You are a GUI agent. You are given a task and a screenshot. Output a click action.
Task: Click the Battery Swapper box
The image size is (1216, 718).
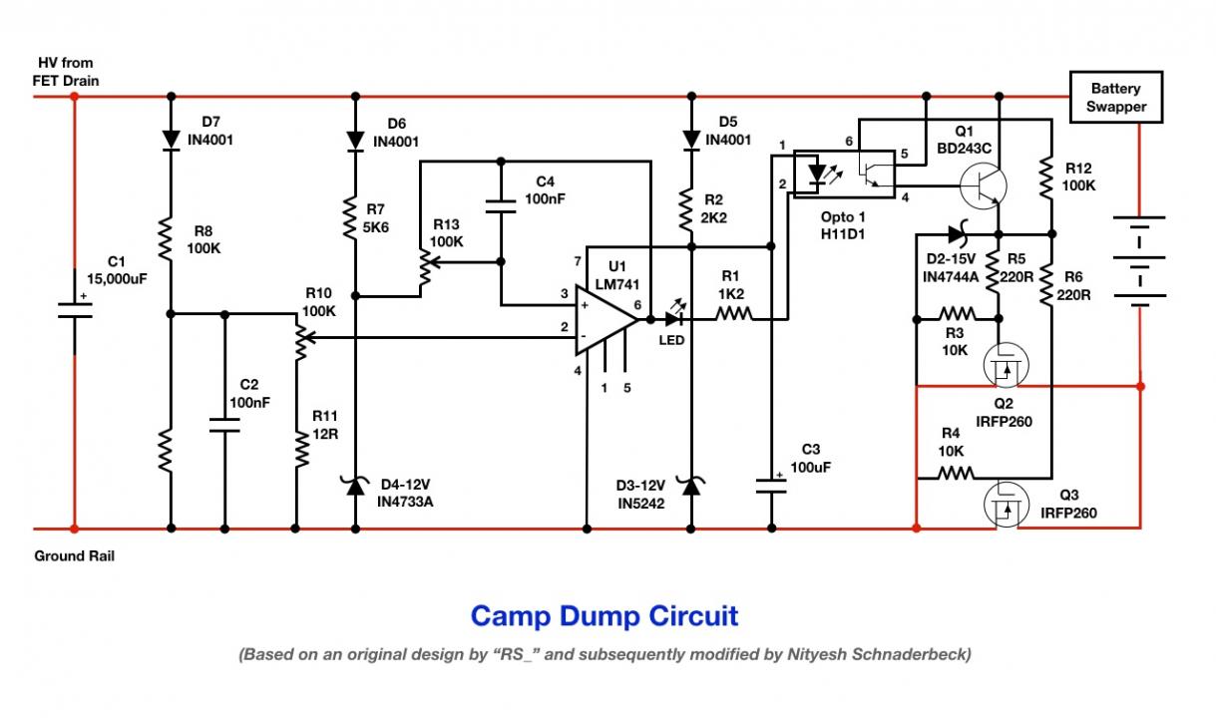point(1116,97)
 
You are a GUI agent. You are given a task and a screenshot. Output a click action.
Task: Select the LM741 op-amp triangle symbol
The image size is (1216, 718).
point(606,320)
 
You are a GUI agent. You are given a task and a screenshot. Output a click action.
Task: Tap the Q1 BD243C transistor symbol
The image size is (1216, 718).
point(984,185)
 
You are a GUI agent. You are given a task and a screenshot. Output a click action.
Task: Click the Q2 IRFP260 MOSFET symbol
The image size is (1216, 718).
point(1006,365)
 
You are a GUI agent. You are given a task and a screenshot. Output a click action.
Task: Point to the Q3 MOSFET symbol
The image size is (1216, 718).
point(1006,505)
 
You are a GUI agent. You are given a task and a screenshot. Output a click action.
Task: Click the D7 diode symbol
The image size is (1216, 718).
point(171,140)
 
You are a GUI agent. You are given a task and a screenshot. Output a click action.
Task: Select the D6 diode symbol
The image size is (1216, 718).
point(355,141)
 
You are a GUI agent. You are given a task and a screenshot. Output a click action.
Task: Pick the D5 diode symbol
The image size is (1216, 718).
point(691,140)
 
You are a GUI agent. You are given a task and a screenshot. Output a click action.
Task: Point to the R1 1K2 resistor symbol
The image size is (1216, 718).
point(734,314)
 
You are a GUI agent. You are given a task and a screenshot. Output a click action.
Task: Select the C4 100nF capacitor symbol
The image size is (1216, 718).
point(501,206)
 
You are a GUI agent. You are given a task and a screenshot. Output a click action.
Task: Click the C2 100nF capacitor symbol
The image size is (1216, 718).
point(224,426)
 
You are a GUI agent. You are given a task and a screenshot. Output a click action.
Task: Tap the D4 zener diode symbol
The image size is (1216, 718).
point(355,486)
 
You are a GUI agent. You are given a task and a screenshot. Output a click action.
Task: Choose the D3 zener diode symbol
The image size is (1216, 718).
point(691,486)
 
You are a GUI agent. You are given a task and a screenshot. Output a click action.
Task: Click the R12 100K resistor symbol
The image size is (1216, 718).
point(1046,178)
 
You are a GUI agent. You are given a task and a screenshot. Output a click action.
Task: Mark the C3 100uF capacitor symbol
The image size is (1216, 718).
point(771,486)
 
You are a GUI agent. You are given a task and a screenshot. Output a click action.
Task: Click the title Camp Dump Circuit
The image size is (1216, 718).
point(605,616)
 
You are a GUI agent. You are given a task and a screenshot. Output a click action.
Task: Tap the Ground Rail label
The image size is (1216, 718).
point(75,555)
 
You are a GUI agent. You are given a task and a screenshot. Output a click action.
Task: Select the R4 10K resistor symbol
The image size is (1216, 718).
point(956,474)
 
